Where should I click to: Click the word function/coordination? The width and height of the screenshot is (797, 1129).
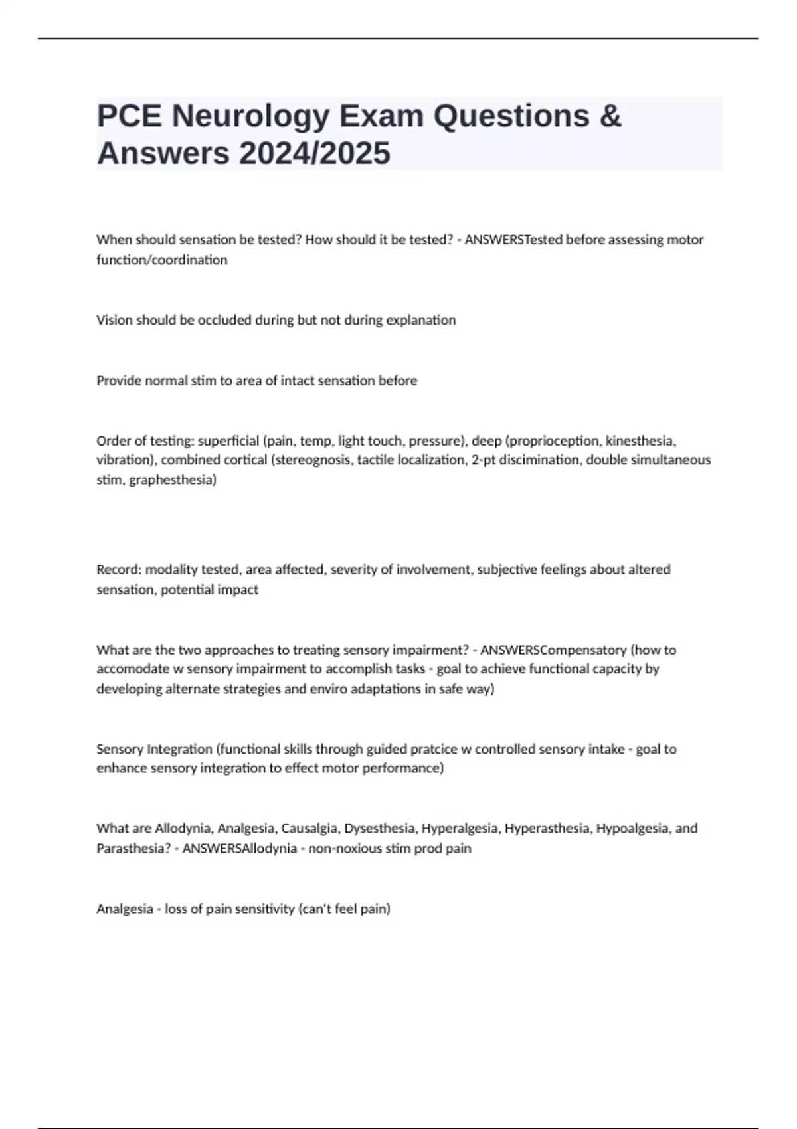(x=162, y=260)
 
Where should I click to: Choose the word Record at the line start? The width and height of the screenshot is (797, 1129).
(x=119, y=569)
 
